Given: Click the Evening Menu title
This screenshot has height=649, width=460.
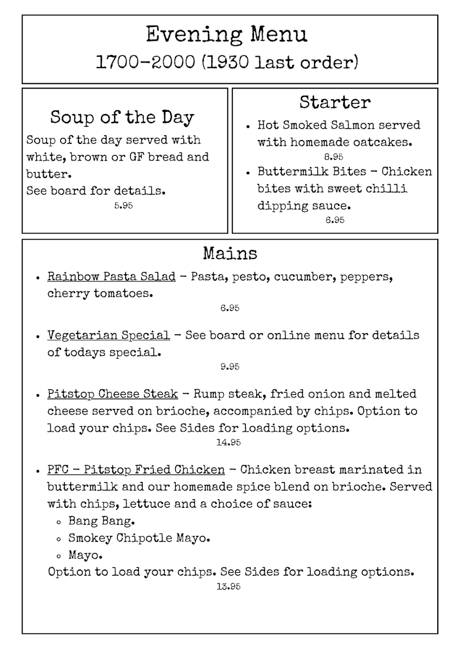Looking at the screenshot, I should [226, 35].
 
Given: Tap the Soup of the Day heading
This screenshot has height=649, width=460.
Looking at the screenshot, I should [122, 117].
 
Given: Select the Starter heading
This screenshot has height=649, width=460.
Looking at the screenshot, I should [335, 102].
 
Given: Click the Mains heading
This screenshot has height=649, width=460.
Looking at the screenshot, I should [230, 253].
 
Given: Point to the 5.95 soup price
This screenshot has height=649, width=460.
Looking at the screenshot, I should [124, 206].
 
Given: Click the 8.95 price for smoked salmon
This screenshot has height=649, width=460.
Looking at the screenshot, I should [334, 157].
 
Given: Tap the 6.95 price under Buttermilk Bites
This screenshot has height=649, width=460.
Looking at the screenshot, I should [335, 220].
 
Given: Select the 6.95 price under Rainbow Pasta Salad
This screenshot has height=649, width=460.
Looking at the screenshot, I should [230, 308].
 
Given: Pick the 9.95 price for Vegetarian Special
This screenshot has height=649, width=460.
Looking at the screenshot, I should [230, 367].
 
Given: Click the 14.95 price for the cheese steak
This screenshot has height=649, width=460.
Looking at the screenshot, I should [228, 442].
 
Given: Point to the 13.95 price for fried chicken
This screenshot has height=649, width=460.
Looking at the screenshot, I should [228, 586].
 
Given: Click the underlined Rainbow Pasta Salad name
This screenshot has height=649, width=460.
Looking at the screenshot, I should [111, 277].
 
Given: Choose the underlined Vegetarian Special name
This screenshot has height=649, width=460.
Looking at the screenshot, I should [109, 335].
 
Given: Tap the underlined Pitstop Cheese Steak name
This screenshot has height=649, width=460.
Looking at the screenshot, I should [112, 394].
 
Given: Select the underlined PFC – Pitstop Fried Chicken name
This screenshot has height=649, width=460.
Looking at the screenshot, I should [136, 469].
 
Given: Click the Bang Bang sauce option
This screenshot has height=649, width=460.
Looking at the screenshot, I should [101, 522].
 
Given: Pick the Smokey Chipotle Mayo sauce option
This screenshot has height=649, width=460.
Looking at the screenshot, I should [139, 539].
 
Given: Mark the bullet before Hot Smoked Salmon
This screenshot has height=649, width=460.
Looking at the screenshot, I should [247, 126].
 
